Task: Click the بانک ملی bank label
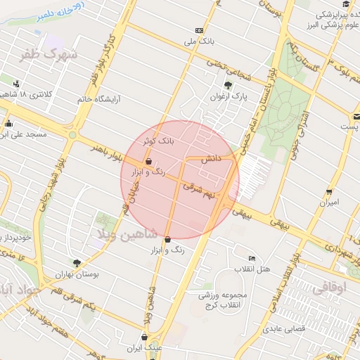(x=198, y=41)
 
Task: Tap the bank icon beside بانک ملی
(x=200, y=30)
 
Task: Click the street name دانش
(x=212, y=159)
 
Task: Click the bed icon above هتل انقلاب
(x=252, y=259)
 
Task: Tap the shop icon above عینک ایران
(x=145, y=337)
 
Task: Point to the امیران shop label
(x=329, y=202)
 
